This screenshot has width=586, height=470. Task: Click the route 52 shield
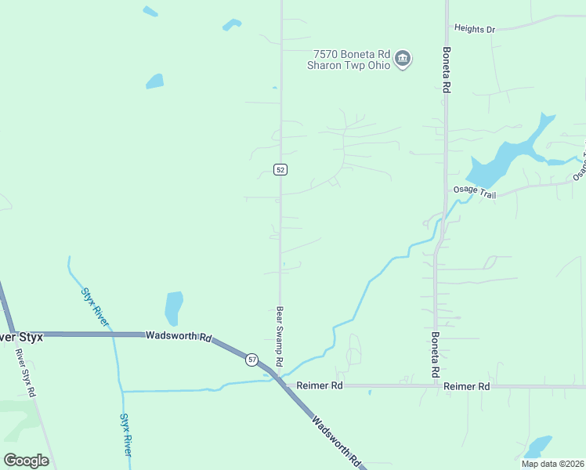click(280, 169)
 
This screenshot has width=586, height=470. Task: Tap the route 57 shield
click(251, 359)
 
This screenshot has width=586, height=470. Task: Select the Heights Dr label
click(475, 30)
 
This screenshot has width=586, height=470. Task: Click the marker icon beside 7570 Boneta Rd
click(403, 59)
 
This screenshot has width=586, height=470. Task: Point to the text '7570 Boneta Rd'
click(351, 54)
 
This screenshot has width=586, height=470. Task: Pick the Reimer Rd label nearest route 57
click(320, 386)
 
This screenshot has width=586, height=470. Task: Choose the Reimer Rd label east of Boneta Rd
click(466, 387)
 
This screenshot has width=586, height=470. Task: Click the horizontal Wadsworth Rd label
click(179, 336)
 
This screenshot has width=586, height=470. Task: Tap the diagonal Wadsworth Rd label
click(336, 441)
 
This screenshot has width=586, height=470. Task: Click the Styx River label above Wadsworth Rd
click(96, 306)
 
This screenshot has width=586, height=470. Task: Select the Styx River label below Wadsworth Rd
click(126, 435)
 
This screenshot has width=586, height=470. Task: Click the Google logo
click(26, 461)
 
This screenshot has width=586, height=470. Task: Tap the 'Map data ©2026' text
click(552, 464)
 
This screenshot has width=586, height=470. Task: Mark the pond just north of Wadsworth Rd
click(173, 308)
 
